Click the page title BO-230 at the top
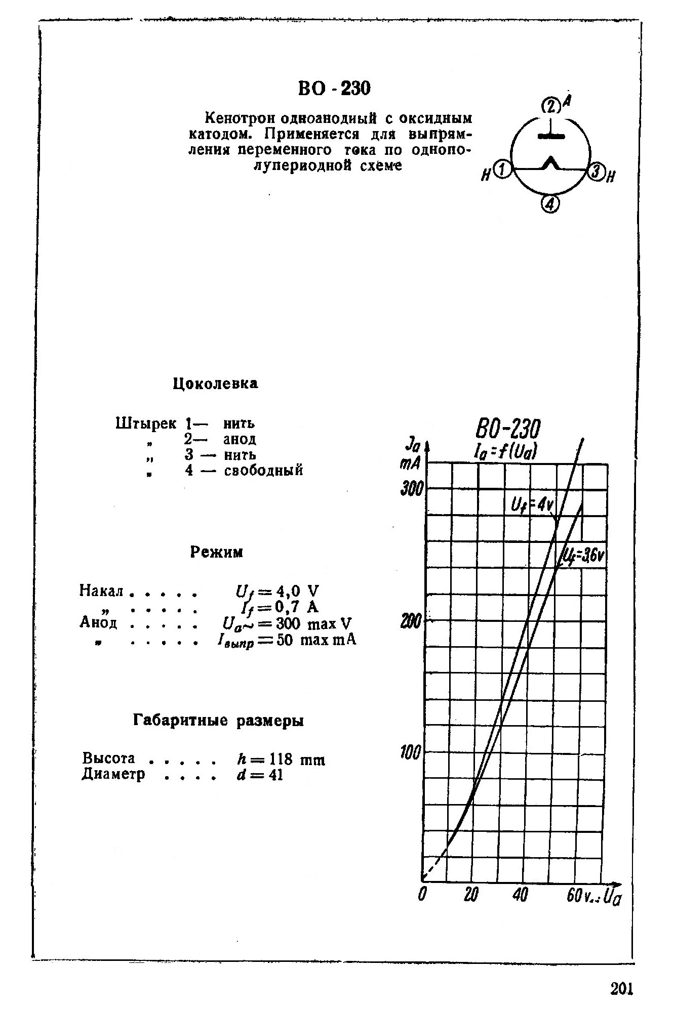[334, 89]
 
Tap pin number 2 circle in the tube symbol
[550, 106]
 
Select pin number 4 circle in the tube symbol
[550, 204]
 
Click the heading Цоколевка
[215, 384]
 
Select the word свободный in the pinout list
[264, 470]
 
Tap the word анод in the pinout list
[240, 439]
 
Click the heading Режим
[217, 552]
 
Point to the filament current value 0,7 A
[294, 606]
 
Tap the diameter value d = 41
[259, 775]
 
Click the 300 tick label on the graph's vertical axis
[411, 489]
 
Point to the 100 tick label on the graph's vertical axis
[411, 753]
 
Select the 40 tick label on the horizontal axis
[520, 895]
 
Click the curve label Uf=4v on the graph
[532, 504]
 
